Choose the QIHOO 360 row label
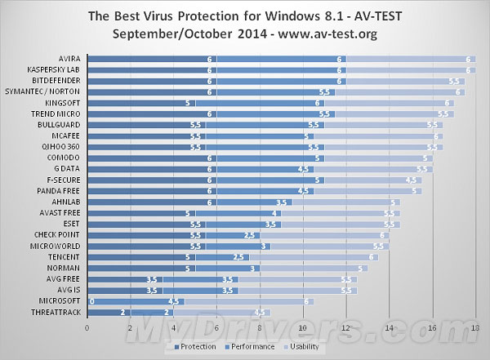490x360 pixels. coord(64,146)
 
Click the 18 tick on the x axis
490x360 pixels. coord(475,330)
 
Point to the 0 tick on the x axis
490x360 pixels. coord(87,330)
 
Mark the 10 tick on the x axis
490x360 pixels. coord(302,330)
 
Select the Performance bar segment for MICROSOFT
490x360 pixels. coord(135,301)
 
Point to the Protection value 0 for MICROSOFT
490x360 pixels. coord(91,301)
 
